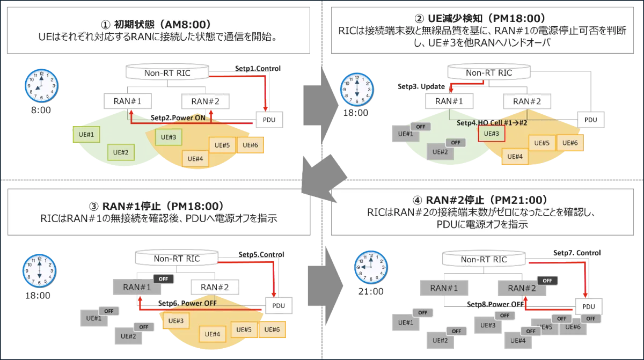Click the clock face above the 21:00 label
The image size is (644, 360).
click(370, 267)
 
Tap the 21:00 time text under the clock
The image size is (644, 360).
click(371, 291)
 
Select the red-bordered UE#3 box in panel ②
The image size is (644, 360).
click(491, 134)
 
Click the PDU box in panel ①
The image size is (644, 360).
click(269, 120)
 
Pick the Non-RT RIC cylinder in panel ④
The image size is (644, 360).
click(484, 260)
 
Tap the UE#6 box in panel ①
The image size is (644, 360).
click(250, 145)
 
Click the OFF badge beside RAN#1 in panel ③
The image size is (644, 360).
click(164, 279)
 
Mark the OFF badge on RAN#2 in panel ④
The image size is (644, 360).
click(547, 280)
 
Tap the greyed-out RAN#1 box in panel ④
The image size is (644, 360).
click(444, 288)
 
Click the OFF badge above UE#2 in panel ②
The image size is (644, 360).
click(456, 143)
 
